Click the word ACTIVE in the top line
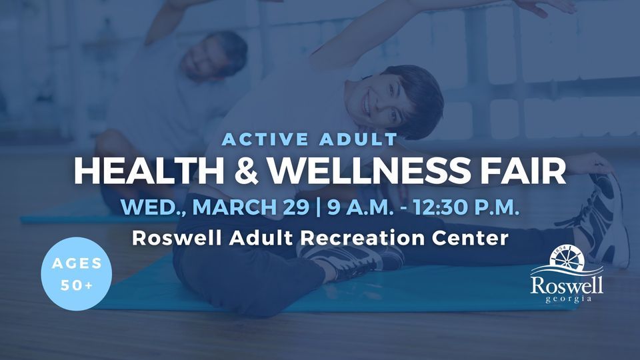point(262,139)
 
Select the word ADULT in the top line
point(360,139)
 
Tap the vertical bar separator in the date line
point(315,207)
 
